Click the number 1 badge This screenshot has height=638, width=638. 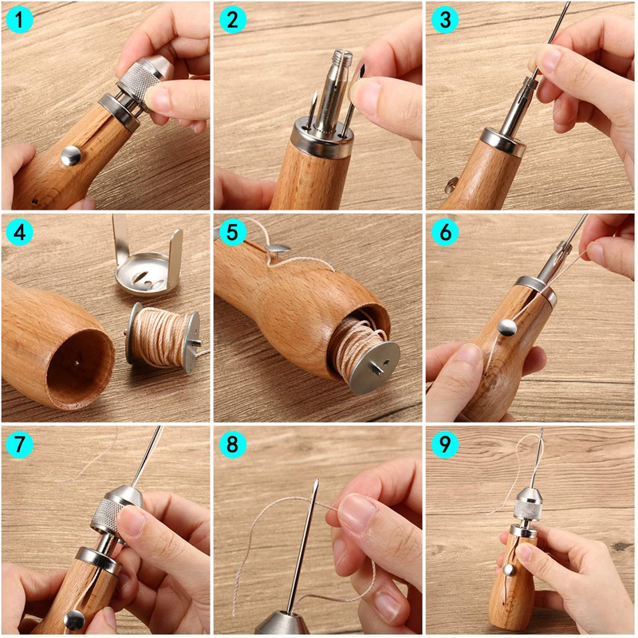point(19,19)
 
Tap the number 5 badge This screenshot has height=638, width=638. point(232,232)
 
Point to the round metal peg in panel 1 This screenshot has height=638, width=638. point(70,155)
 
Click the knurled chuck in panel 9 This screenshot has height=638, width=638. point(528,502)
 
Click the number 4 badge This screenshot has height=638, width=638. point(19,232)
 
